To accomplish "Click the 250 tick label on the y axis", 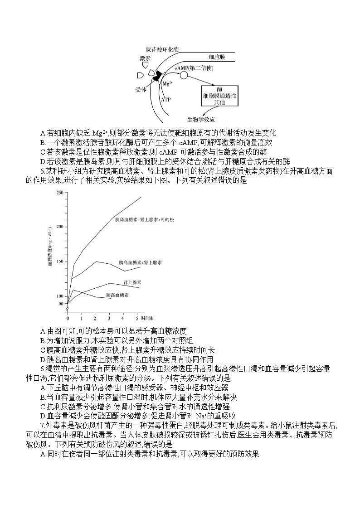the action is point(59,193).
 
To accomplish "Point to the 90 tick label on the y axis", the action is point(61,304).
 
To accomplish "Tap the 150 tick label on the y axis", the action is point(59,261).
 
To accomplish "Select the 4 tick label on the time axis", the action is point(123,315).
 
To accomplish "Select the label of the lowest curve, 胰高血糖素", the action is point(117,295).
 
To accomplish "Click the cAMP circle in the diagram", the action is point(184,74).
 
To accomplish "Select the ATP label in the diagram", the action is point(166,98).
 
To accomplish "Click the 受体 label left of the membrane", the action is point(141,90).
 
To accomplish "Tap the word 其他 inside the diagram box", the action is point(219,103).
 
